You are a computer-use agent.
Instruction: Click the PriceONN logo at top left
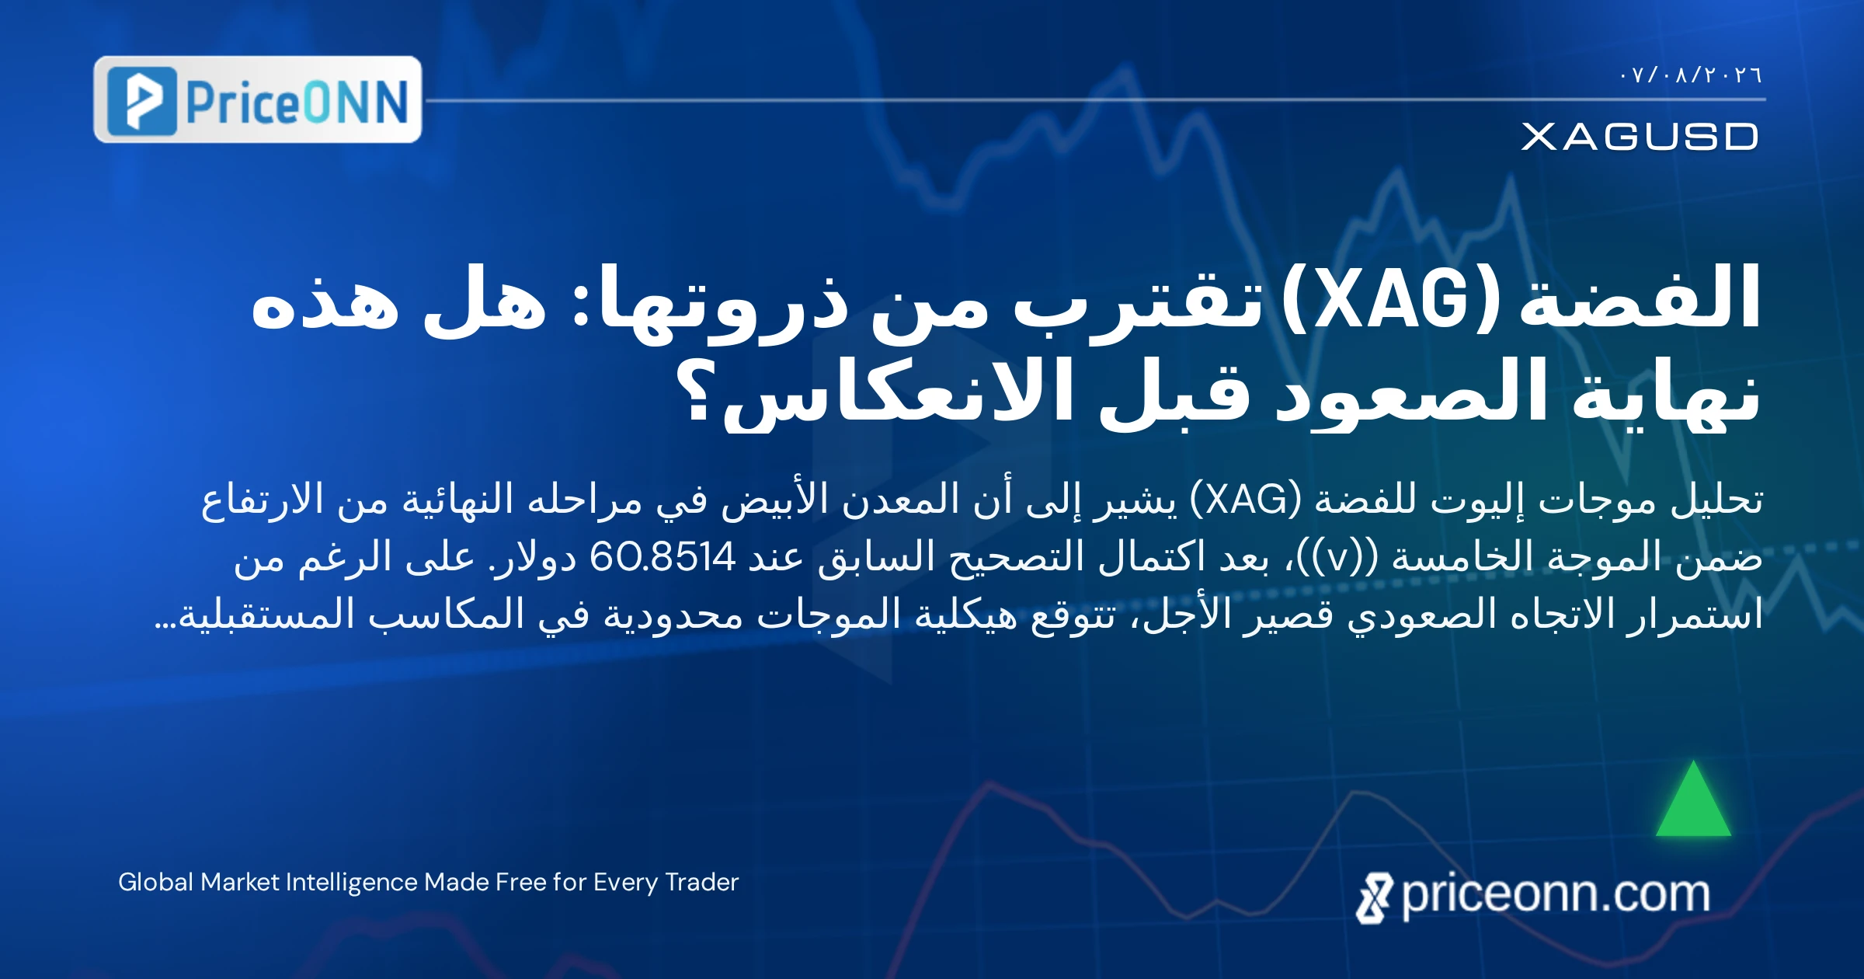(257, 99)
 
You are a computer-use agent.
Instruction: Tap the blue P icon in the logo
(142, 101)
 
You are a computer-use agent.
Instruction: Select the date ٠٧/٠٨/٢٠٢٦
(1691, 75)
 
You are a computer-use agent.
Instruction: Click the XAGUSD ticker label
(1640, 137)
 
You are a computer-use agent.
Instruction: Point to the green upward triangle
(1693, 800)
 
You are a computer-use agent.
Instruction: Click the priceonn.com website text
(1556, 895)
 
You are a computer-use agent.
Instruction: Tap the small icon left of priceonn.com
(1374, 898)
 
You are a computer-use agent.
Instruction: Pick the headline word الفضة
(1639, 298)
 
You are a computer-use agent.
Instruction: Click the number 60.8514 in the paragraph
(662, 556)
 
